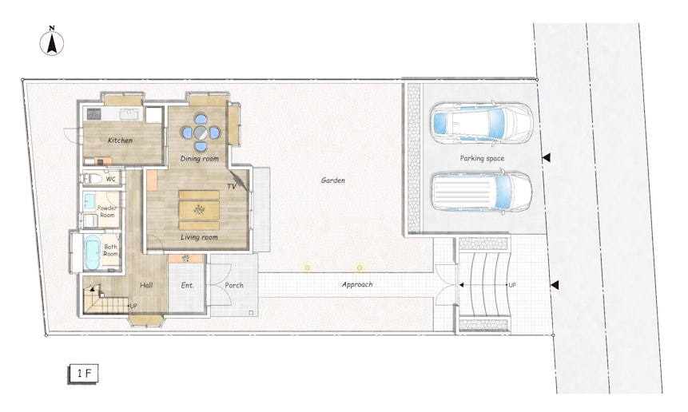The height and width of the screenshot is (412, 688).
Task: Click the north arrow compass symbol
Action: tap(52, 42)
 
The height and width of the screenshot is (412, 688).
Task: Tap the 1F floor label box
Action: tap(83, 374)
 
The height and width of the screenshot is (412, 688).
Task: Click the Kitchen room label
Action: tap(120, 141)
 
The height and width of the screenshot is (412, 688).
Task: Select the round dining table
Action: tap(201, 132)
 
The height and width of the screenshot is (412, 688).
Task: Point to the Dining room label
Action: tap(199, 158)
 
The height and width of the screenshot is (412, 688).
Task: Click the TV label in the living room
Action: tap(232, 186)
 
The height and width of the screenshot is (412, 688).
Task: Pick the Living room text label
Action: tap(199, 237)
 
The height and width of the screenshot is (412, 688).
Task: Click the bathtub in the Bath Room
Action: tap(92, 252)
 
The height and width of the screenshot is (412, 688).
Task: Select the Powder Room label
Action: tap(107, 212)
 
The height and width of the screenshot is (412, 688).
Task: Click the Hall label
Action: tap(146, 285)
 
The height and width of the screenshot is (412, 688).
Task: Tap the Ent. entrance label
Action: tap(187, 285)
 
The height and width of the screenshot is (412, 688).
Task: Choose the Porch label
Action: tap(234, 285)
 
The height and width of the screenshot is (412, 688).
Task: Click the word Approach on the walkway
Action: tap(357, 284)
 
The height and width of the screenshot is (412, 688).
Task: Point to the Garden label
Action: tap(333, 180)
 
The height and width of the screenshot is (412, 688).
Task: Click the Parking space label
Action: tap(482, 158)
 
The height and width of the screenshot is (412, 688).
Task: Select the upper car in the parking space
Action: tap(482, 123)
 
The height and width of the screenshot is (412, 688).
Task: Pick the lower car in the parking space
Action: tap(482, 192)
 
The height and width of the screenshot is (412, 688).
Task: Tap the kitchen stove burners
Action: tap(94, 114)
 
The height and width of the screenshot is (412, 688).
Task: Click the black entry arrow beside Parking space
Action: tap(547, 158)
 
